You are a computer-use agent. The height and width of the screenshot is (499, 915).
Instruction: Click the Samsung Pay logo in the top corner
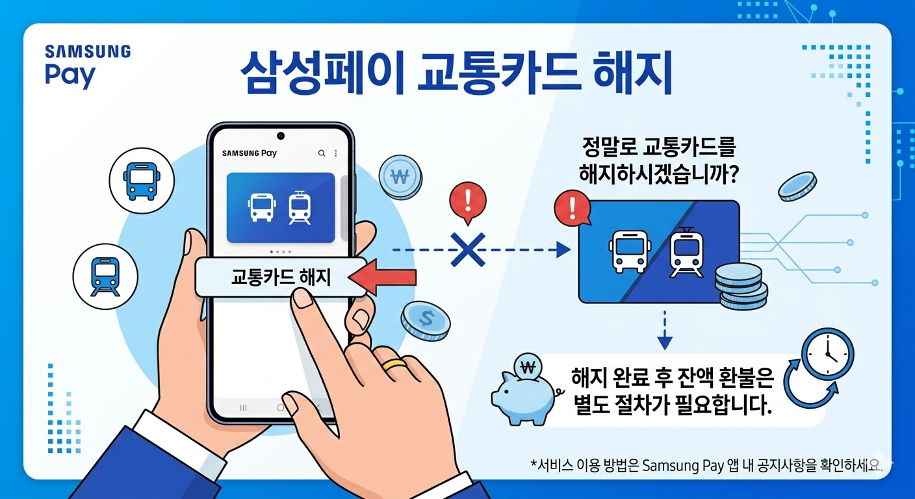pos(87,65)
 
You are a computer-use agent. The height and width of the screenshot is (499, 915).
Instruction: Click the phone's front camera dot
pos(281,136)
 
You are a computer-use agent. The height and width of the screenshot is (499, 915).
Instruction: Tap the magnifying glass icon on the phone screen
pos(321,153)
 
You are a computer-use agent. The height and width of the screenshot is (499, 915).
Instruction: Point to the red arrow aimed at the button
pos(383,278)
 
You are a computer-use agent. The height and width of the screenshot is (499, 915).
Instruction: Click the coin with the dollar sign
pos(426,319)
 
